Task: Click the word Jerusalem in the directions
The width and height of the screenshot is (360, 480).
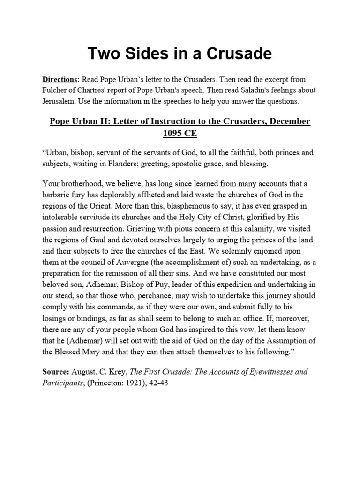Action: [60, 101]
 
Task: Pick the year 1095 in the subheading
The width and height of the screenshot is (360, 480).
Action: [173, 133]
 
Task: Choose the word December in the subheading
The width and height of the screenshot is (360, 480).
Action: [285, 121]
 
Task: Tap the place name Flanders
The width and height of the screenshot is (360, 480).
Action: [146, 165]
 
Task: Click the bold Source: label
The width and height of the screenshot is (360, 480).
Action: [56, 372]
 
